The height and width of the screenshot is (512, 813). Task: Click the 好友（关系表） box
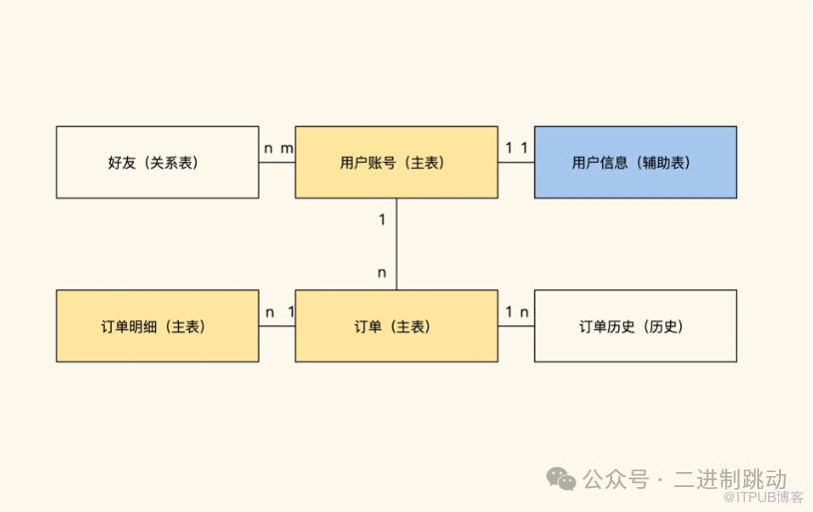coord(157,162)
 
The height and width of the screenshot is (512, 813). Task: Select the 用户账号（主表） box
coord(396,162)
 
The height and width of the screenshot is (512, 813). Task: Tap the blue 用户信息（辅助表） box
coord(635,162)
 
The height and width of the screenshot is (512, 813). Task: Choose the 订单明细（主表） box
coord(157,325)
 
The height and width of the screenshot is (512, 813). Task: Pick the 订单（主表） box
coord(396,325)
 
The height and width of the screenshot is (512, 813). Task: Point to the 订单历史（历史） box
coord(635,325)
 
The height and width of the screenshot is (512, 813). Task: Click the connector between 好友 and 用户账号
coord(277,163)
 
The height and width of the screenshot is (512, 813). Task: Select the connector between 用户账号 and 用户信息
coord(515,163)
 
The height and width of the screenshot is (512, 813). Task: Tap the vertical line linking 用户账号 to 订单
coord(397,244)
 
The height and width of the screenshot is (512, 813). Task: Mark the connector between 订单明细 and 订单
coord(277,326)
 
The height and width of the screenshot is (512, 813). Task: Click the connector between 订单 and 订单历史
coord(515,326)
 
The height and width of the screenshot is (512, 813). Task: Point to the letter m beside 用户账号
coord(287,149)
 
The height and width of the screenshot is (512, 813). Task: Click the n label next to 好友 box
coord(268,149)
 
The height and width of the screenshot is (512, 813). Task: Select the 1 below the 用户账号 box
coord(382,220)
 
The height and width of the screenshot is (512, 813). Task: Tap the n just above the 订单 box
coord(382,272)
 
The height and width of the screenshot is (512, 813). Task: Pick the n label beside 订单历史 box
coord(525,312)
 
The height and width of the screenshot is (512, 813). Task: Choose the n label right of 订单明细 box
coord(269,312)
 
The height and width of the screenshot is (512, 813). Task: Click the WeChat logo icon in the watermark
coord(561,479)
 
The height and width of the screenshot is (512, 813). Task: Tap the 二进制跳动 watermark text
coord(730,479)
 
